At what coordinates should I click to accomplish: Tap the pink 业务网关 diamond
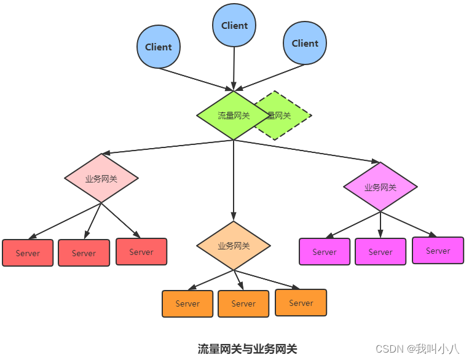point(101,179)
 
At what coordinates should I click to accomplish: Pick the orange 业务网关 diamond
point(234,246)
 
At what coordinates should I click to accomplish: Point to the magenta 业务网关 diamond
point(380,187)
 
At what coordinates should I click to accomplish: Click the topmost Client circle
point(234,26)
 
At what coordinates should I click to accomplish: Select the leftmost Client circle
point(159,47)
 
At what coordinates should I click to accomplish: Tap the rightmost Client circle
point(305,44)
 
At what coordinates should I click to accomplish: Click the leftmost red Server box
point(28,253)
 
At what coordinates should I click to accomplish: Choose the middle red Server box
point(84,253)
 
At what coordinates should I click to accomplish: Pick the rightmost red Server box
point(141,252)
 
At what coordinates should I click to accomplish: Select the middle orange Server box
point(243,303)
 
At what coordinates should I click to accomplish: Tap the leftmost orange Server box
point(187,303)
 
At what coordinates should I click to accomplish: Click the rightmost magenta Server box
point(438,251)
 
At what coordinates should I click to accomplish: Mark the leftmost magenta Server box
point(324,252)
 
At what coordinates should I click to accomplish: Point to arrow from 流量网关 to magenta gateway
point(307,151)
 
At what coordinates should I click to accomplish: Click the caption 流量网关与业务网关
point(247,349)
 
